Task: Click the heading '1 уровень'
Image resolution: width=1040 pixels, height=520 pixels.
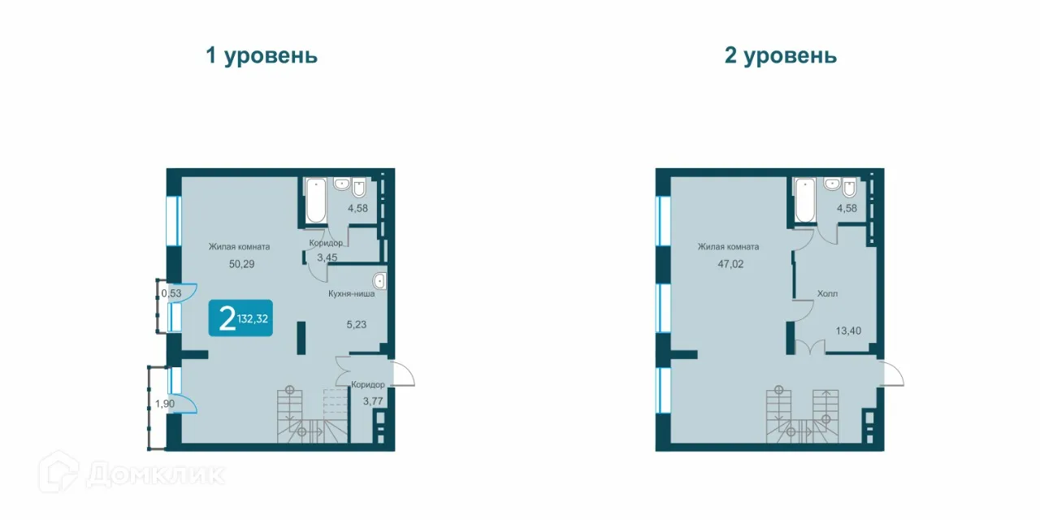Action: [261, 55]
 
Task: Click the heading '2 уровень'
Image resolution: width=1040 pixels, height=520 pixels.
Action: [780, 55]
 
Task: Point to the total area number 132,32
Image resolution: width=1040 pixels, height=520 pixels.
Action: [253, 318]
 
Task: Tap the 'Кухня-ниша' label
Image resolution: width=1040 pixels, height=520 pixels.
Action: [351, 293]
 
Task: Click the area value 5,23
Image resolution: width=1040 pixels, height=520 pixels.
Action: [356, 323]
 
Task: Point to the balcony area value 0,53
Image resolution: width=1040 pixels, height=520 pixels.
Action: [171, 292]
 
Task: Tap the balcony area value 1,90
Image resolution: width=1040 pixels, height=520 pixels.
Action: [165, 404]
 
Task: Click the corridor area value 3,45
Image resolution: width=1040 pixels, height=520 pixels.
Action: [327, 258]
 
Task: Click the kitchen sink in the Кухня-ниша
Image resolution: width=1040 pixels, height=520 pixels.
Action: [379, 282]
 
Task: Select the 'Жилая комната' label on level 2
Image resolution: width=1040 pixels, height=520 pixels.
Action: [728, 247]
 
